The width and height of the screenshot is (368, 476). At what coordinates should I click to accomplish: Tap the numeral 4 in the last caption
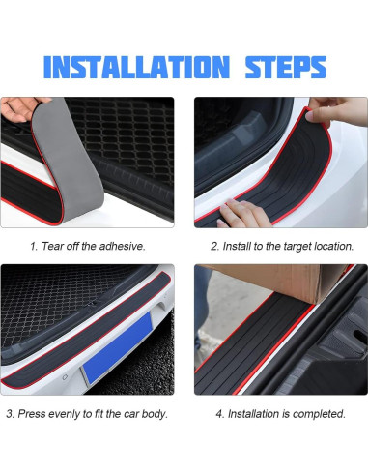(x=218, y=414)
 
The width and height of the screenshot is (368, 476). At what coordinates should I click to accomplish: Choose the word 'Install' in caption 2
(x=240, y=247)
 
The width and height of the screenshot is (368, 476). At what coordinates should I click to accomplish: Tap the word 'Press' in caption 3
(x=33, y=414)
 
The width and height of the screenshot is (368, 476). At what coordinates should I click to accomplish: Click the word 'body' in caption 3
(x=154, y=414)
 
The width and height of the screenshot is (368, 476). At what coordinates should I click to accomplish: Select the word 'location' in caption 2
(x=333, y=247)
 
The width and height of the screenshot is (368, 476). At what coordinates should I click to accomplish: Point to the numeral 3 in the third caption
(x=9, y=414)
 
